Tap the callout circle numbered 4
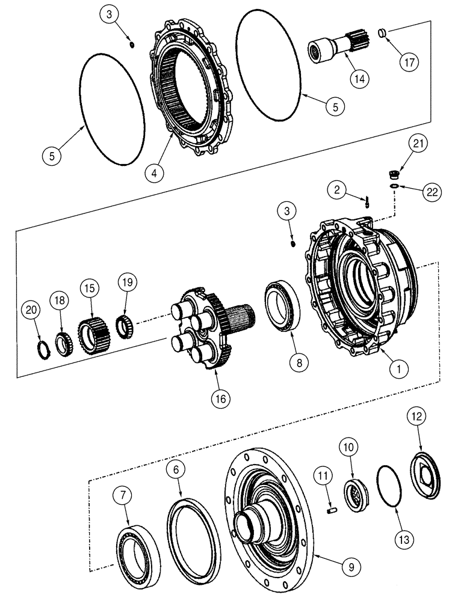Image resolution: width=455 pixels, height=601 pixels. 155,172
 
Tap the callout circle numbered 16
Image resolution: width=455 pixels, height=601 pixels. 223,397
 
